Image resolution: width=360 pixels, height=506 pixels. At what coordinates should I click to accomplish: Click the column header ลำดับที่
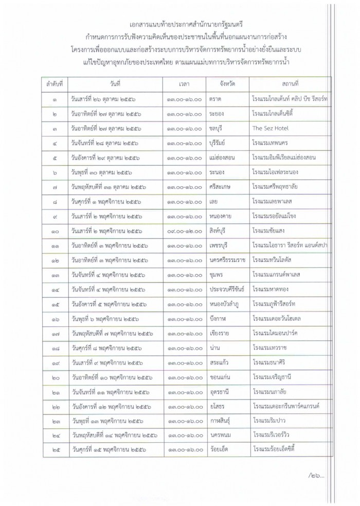(54, 83)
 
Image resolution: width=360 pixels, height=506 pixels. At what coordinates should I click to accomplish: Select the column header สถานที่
(291, 83)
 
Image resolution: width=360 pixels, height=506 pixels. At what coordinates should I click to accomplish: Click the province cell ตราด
(215, 98)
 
